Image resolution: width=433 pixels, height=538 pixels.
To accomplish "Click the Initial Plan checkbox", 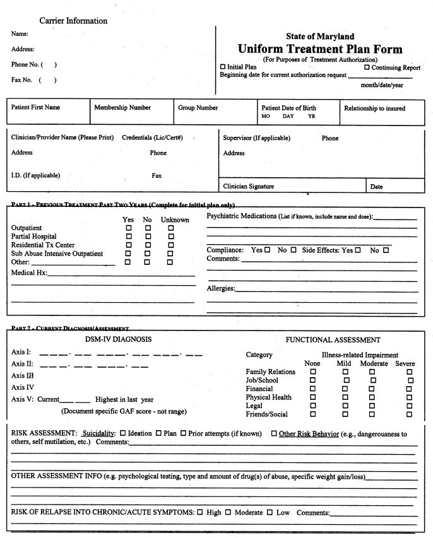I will click(223, 67).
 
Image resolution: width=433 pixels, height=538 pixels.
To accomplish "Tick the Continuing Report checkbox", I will click(367, 67).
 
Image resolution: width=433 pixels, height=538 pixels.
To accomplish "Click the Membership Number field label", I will click(122, 108).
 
